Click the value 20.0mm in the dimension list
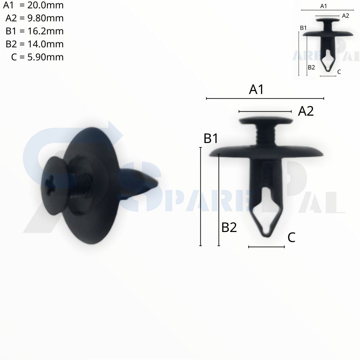(x=45, y=5)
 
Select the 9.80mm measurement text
(x=45, y=18)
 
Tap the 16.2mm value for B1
(x=45, y=31)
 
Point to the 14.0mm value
(x=45, y=44)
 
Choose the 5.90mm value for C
(x=45, y=57)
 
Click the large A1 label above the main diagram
(x=256, y=89)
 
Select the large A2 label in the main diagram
(x=306, y=111)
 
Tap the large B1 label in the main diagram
(x=211, y=138)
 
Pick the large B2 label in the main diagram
(x=229, y=228)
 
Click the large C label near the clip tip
(x=291, y=237)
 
